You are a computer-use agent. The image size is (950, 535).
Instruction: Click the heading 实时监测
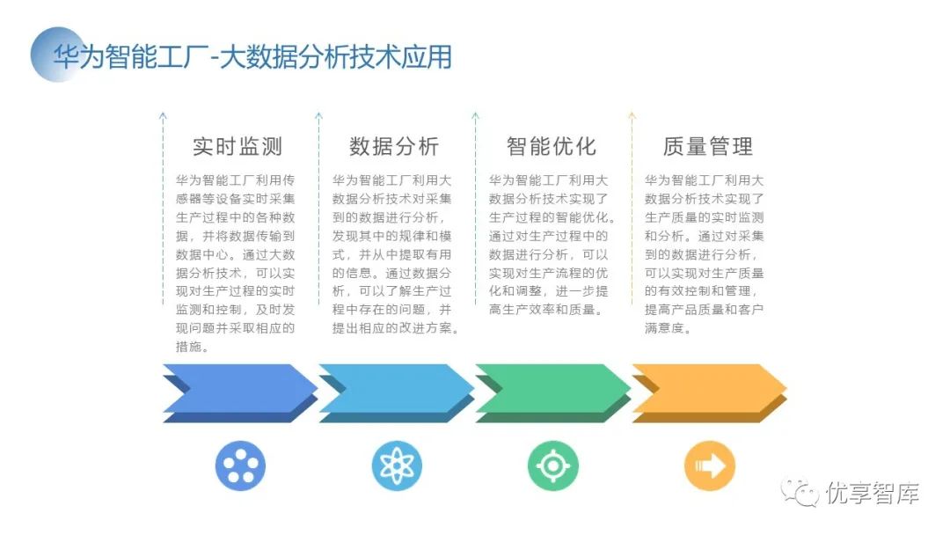coord(237,146)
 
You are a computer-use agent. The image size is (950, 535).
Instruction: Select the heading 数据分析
coord(393,146)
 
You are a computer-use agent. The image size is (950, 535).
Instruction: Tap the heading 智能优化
coord(551,146)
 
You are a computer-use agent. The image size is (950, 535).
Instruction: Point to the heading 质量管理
coord(707,146)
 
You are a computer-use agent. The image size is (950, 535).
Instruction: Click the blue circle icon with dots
coord(240,465)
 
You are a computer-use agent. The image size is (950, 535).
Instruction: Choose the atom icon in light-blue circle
coord(397,465)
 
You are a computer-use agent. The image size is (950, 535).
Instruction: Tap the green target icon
coord(553,465)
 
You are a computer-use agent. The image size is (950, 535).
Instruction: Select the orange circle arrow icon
coord(710,465)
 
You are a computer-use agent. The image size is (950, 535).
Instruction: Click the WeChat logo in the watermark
coord(800,492)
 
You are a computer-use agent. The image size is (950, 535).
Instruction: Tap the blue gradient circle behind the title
coord(55,55)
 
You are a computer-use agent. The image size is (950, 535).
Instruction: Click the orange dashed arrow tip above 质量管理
coord(632,115)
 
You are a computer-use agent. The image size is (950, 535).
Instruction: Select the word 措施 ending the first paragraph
coord(192,347)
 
